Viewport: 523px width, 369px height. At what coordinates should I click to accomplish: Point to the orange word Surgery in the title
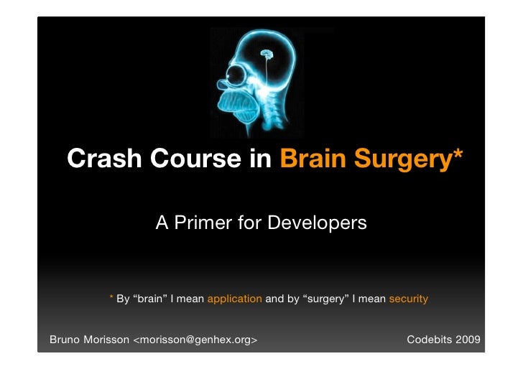click(400, 159)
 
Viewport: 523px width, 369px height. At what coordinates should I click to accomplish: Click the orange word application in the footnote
click(234, 299)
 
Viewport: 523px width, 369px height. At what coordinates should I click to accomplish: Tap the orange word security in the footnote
click(408, 299)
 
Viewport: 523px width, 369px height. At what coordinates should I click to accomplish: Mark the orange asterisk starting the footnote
click(111, 297)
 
